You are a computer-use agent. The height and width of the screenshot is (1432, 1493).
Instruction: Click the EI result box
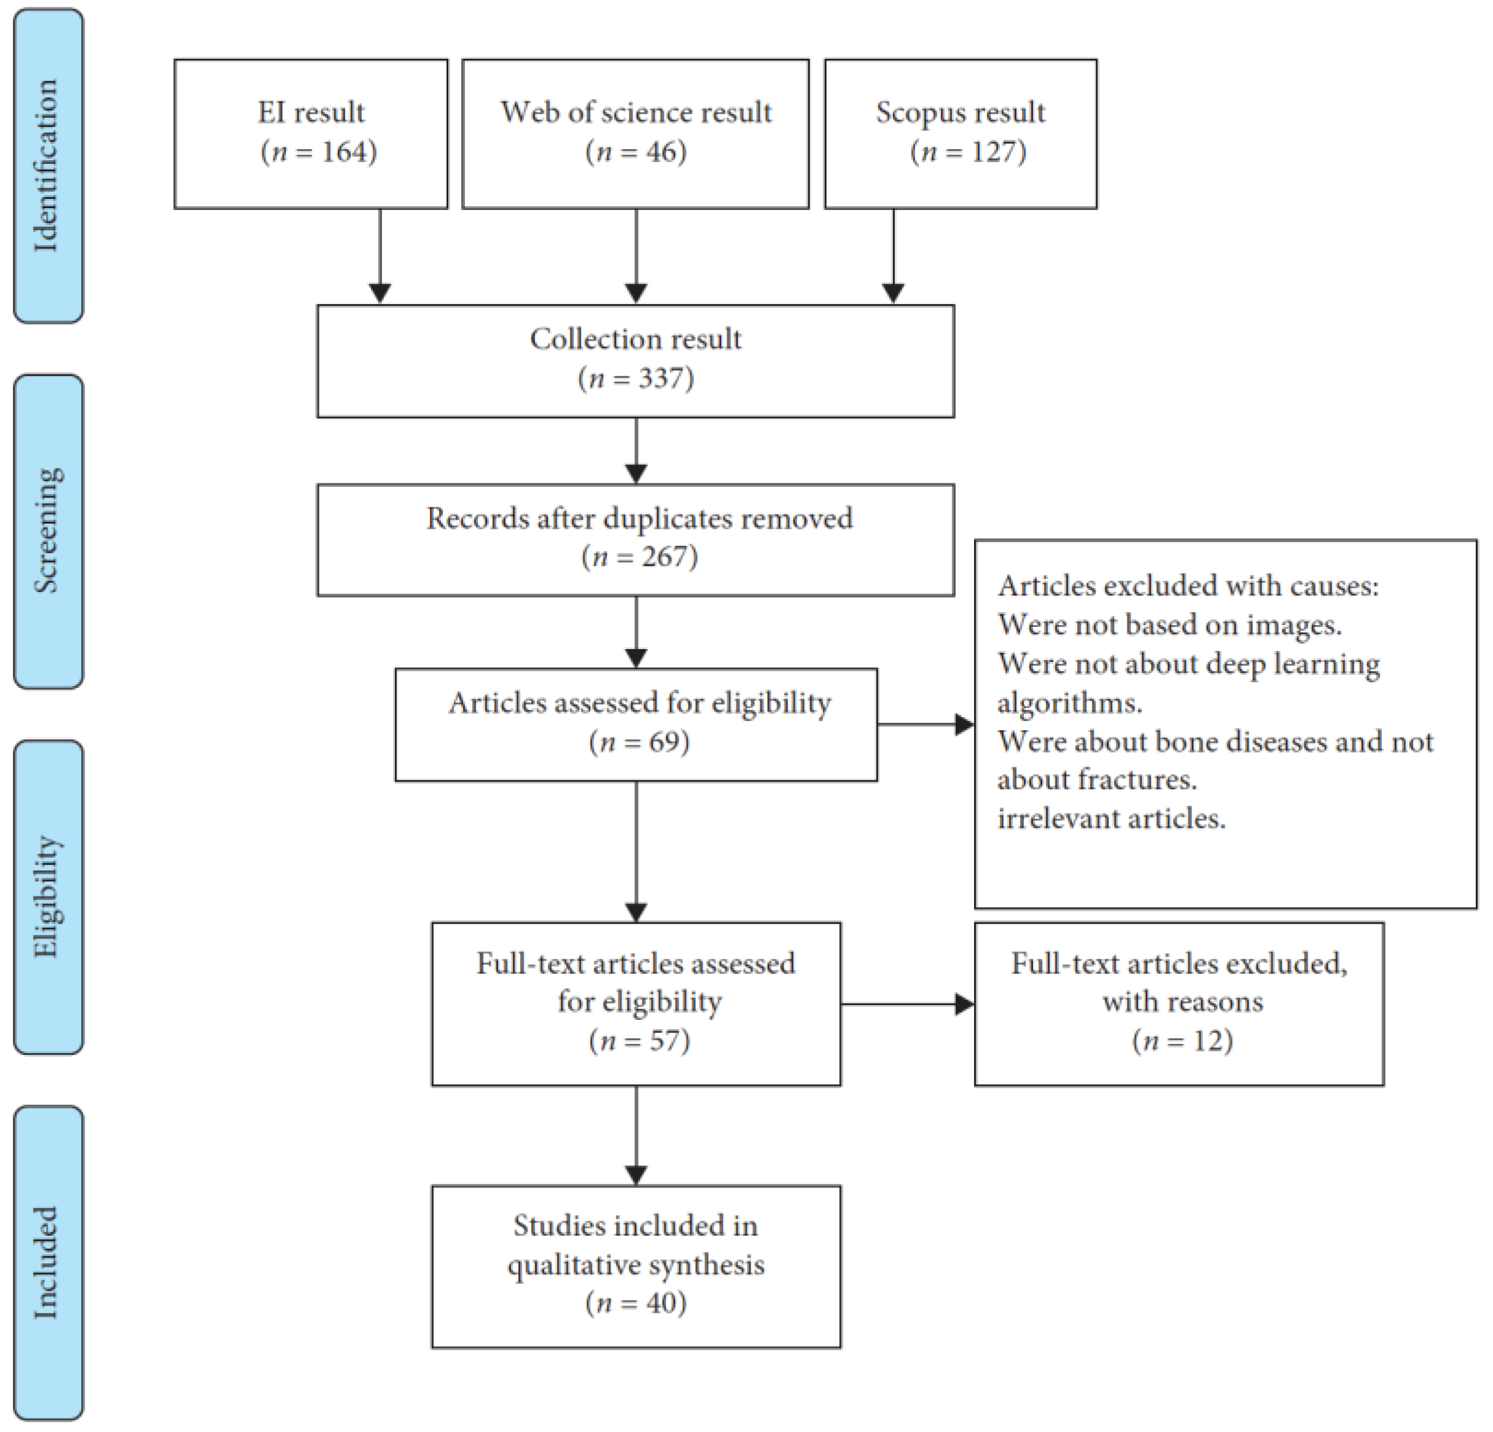[311, 133]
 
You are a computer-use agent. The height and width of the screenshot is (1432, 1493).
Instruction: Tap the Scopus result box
[961, 133]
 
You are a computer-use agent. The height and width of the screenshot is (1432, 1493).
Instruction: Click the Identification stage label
[47, 165]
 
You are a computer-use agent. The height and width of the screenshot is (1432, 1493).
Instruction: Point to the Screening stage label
[47, 531]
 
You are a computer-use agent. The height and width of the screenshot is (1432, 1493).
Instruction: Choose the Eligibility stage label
[47, 897]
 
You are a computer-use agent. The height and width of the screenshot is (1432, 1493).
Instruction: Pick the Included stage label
[47, 1262]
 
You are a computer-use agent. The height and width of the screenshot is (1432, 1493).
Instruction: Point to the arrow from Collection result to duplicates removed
[636, 450]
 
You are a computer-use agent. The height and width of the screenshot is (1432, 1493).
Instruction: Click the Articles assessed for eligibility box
[636, 725]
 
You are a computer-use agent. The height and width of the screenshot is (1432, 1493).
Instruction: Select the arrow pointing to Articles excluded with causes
[926, 725]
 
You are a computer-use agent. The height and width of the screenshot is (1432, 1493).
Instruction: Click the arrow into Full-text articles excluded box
[907, 1004]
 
